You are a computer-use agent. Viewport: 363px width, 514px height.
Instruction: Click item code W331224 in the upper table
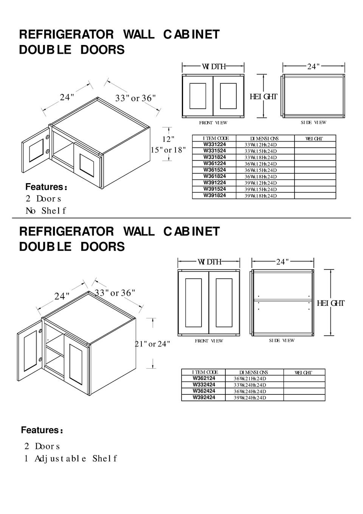click(214, 144)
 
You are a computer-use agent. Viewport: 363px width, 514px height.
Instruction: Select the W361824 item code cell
click(214, 176)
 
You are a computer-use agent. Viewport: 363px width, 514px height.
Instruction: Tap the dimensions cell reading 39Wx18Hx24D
click(261, 196)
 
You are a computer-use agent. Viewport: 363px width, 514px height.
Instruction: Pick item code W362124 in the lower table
click(203, 378)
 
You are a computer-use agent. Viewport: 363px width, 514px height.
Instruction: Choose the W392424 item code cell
click(203, 397)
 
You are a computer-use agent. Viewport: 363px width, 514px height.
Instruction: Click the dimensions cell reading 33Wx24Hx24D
click(250, 385)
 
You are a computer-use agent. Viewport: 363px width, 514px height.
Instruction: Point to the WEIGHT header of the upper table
click(314, 139)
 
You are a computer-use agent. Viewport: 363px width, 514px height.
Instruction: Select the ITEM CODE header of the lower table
click(205, 372)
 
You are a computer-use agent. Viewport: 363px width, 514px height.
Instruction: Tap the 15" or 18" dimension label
click(168, 150)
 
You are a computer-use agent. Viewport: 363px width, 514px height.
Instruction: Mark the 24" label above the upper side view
click(313, 67)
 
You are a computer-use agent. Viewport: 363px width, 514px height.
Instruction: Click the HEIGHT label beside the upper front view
click(264, 97)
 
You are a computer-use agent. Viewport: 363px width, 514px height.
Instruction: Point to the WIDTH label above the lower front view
click(209, 262)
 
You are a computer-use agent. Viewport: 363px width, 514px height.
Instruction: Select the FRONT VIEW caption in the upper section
click(213, 123)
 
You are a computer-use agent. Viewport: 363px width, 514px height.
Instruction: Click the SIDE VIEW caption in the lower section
click(281, 341)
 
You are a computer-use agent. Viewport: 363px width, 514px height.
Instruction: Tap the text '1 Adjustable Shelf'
click(70, 459)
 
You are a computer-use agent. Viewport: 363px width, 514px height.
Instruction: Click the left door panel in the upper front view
click(198, 96)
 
